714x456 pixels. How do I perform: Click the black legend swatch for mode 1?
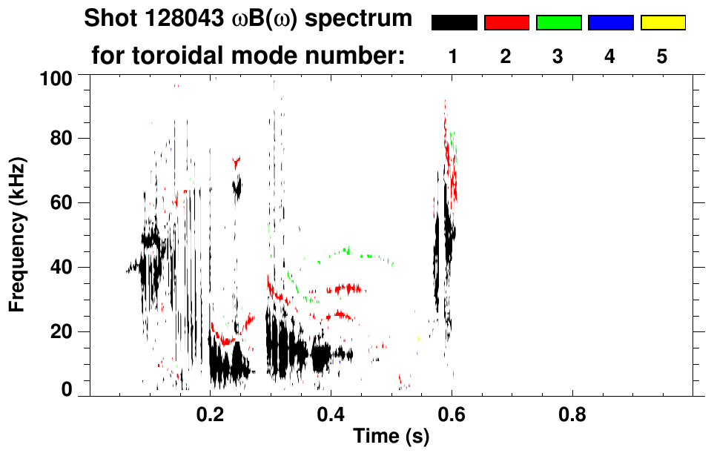click(454, 23)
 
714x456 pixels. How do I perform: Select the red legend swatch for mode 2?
click(506, 23)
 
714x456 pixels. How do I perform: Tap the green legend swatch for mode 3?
click(558, 23)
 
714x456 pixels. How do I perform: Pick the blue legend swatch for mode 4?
click(610, 23)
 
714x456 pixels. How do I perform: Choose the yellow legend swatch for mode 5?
click(662, 23)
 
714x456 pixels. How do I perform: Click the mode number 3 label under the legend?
click(558, 56)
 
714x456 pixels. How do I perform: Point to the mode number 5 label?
click(662, 56)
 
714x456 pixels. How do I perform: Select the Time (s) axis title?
click(391, 437)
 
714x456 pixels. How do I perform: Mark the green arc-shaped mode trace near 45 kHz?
click(345, 252)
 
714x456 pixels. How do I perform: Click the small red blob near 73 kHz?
click(237, 161)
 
